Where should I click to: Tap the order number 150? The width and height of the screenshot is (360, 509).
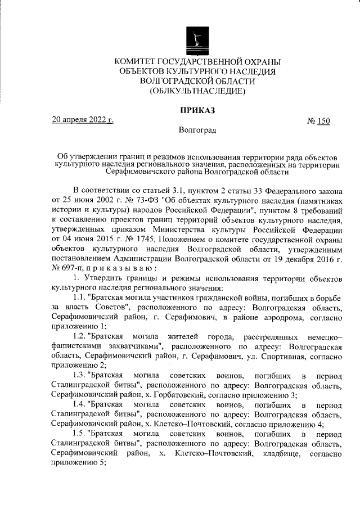[323, 121]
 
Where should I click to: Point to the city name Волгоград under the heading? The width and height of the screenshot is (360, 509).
[197, 130]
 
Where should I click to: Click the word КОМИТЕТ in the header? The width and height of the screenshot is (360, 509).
[139, 61]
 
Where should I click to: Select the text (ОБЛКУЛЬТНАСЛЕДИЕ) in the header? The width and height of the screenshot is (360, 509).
[197, 91]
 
